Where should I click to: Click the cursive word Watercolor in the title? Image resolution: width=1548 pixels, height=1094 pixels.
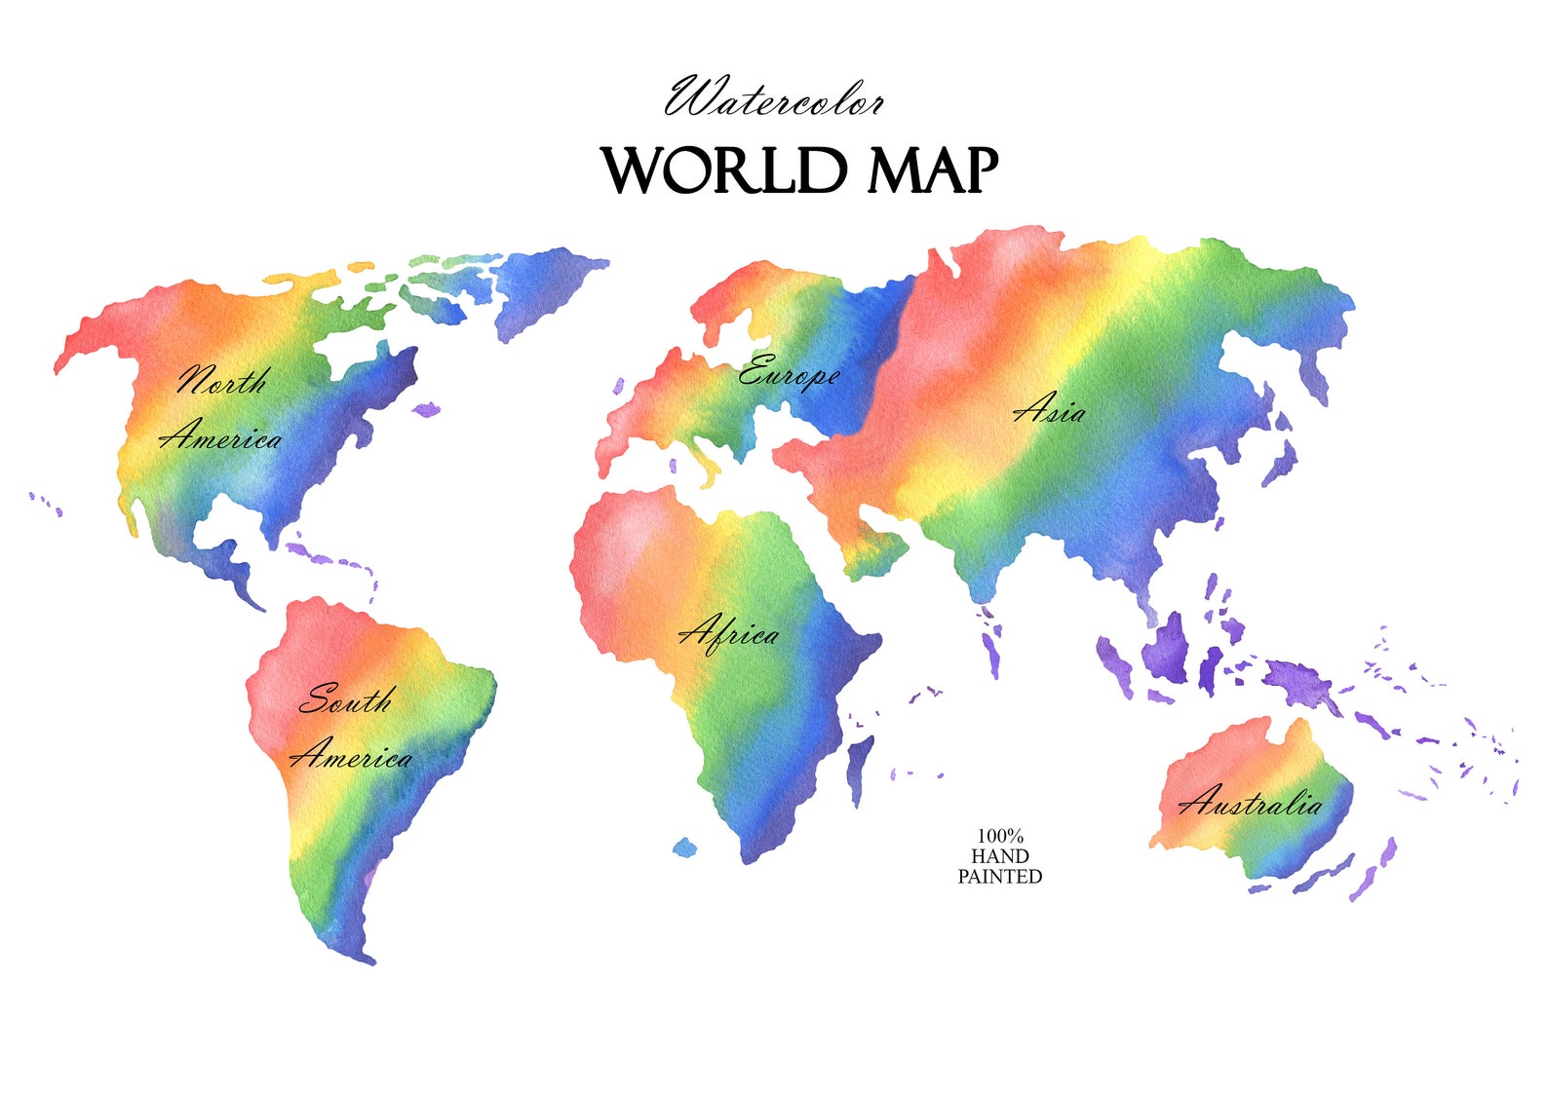(775, 98)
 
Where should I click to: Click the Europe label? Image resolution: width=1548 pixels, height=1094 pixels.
(788, 373)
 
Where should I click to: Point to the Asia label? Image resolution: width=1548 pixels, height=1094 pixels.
(1049, 409)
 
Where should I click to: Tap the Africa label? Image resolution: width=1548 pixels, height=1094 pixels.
(729, 633)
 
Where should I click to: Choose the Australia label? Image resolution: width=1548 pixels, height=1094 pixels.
(1251, 803)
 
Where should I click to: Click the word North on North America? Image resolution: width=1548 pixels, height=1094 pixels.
(221, 380)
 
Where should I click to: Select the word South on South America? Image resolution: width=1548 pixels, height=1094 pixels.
(346, 699)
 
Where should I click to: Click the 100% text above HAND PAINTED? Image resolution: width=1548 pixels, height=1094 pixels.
(1000, 836)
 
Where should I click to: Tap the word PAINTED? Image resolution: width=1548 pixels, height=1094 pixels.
(1000, 877)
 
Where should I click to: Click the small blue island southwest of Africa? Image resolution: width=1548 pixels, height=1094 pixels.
(685, 848)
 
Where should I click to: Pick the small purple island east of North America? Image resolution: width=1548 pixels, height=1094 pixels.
(427, 410)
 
